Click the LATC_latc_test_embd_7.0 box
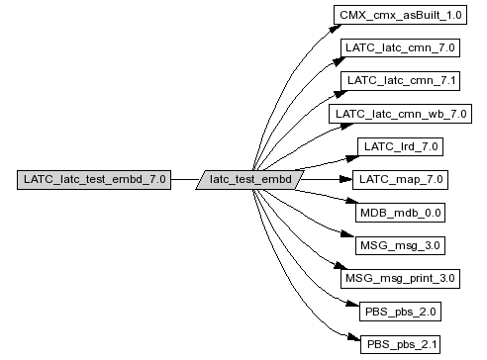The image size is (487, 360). (x=94, y=180)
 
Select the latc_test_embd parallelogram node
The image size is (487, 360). (x=249, y=180)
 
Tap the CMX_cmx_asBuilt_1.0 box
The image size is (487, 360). (x=400, y=15)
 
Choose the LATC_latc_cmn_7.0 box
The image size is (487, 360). (x=400, y=47)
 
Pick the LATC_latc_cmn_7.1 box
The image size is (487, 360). (x=400, y=81)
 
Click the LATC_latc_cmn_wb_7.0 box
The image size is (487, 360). (x=400, y=114)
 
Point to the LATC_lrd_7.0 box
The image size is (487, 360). (x=400, y=146)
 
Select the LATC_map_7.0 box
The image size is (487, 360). (x=400, y=180)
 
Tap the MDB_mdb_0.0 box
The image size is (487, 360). (x=400, y=213)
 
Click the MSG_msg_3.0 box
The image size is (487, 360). (x=400, y=245)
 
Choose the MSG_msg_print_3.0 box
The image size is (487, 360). (x=400, y=279)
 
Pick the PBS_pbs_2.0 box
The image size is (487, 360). (x=400, y=312)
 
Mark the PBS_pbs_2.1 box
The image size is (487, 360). (x=400, y=344)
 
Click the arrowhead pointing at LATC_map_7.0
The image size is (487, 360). (x=346, y=180)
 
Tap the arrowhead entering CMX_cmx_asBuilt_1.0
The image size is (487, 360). (x=336, y=29)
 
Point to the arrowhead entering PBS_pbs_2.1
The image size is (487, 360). (x=354, y=337)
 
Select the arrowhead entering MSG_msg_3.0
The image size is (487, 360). (x=347, y=234)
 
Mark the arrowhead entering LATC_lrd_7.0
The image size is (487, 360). (x=352, y=158)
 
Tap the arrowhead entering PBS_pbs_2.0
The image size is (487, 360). (x=352, y=304)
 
